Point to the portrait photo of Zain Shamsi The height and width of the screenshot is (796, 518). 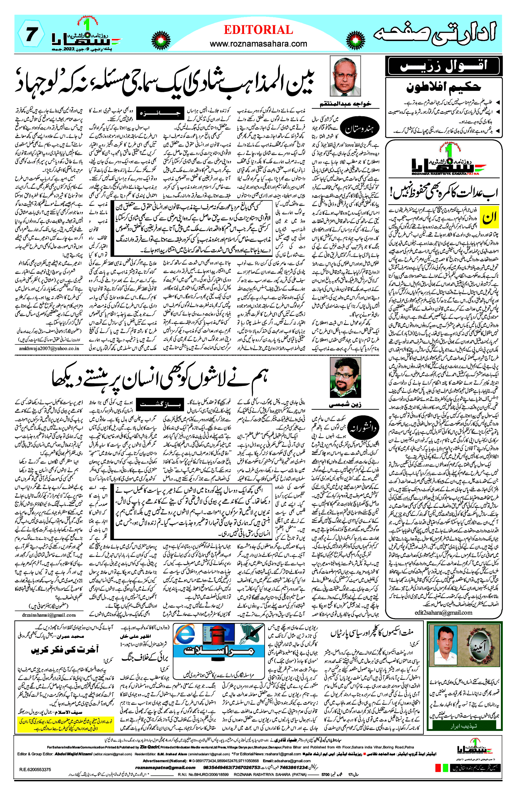tap(345, 378)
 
